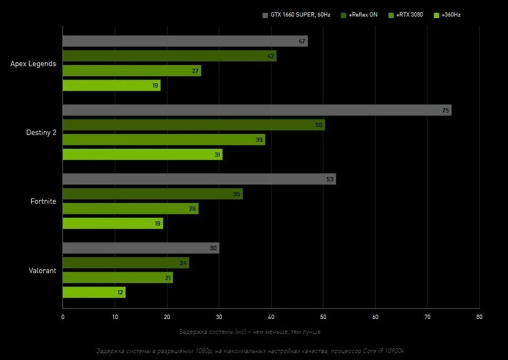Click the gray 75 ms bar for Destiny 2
(x=257, y=110)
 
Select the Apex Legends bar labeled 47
(x=185, y=41)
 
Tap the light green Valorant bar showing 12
(x=94, y=292)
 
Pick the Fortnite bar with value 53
(x=199, y=179)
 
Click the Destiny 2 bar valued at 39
(x=164, y=140)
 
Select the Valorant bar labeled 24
(x=126, y=263)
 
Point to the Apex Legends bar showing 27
(x=132, y=70)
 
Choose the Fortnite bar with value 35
(x=153, y=194)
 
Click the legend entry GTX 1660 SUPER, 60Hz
(x=296, y=15)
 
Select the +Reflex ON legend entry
(x=359, y=15)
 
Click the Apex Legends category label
(x=33, y=64)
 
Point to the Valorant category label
(x=42, y=270)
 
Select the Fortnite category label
(x=43, y=202)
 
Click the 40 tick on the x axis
(x=271, y=317)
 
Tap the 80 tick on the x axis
(x=479, y=317)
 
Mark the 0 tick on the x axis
(x=62, y=317)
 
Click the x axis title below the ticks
(x=250, y=332)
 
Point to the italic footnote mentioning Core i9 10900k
(x=250, y=351)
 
